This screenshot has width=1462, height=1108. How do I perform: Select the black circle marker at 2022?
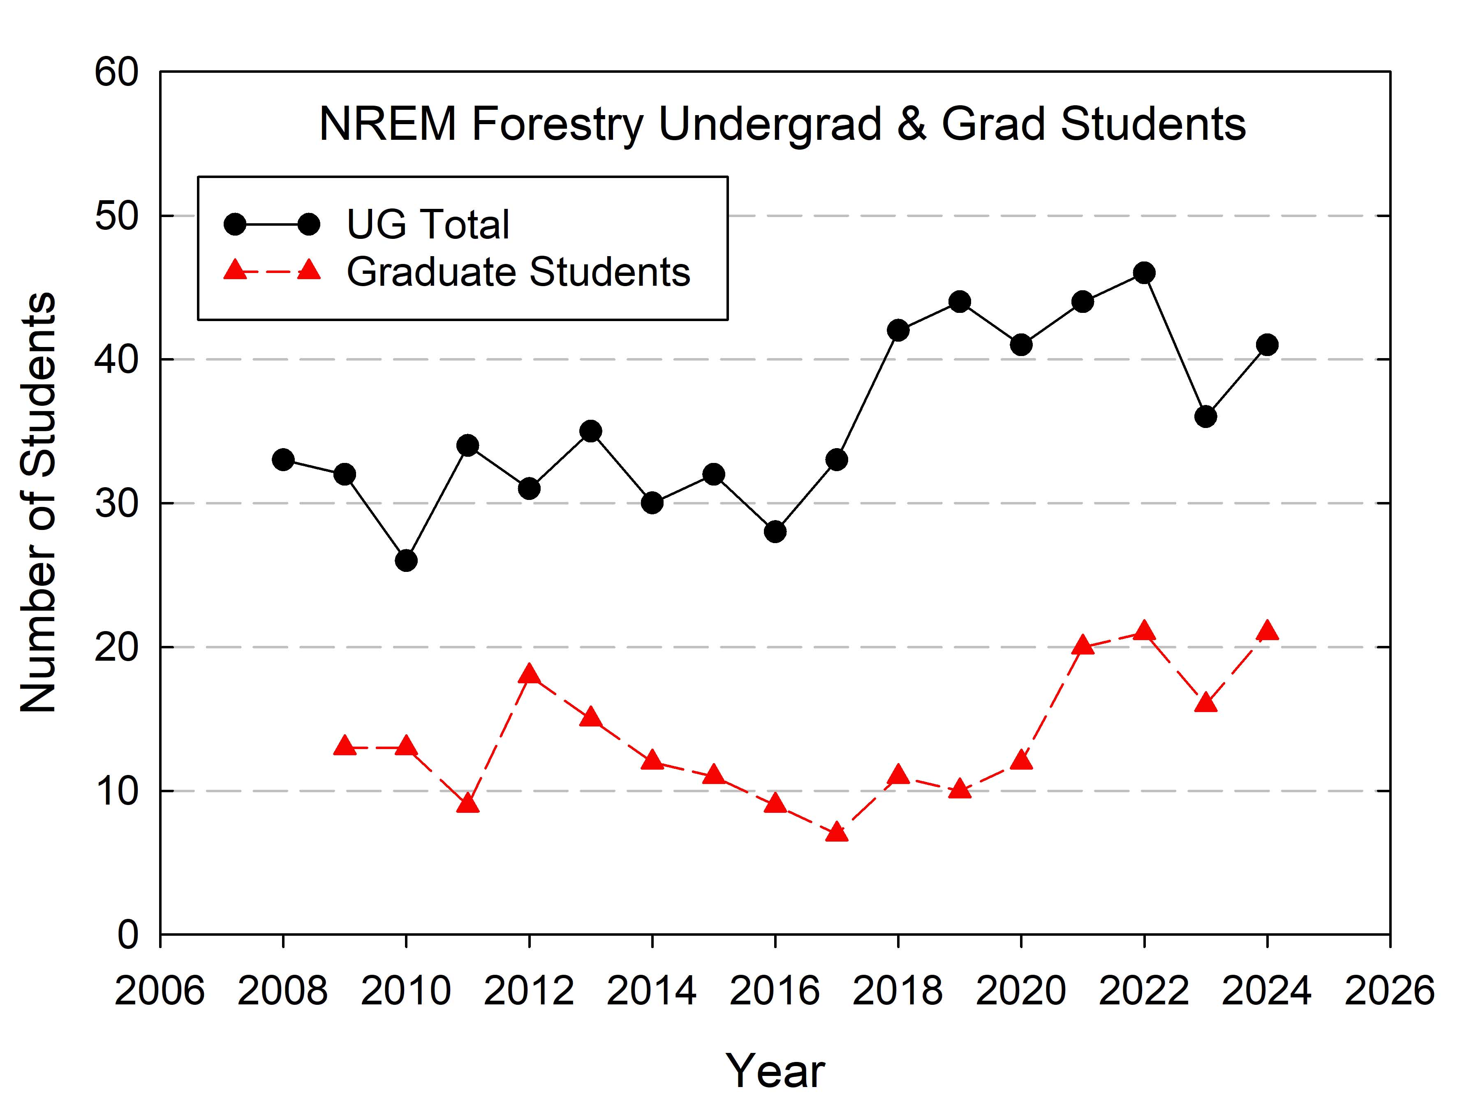[1144, 272]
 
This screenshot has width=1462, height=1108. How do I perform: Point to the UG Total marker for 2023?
[1205, 416]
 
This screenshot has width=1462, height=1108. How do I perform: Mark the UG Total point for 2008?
[283, 460]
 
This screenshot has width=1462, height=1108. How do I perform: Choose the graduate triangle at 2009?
[345, 746]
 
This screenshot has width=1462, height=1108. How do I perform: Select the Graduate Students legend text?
[518, 272]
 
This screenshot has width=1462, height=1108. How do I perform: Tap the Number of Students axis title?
[38, 502]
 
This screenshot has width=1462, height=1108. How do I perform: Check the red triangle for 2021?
[1083, 645]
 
